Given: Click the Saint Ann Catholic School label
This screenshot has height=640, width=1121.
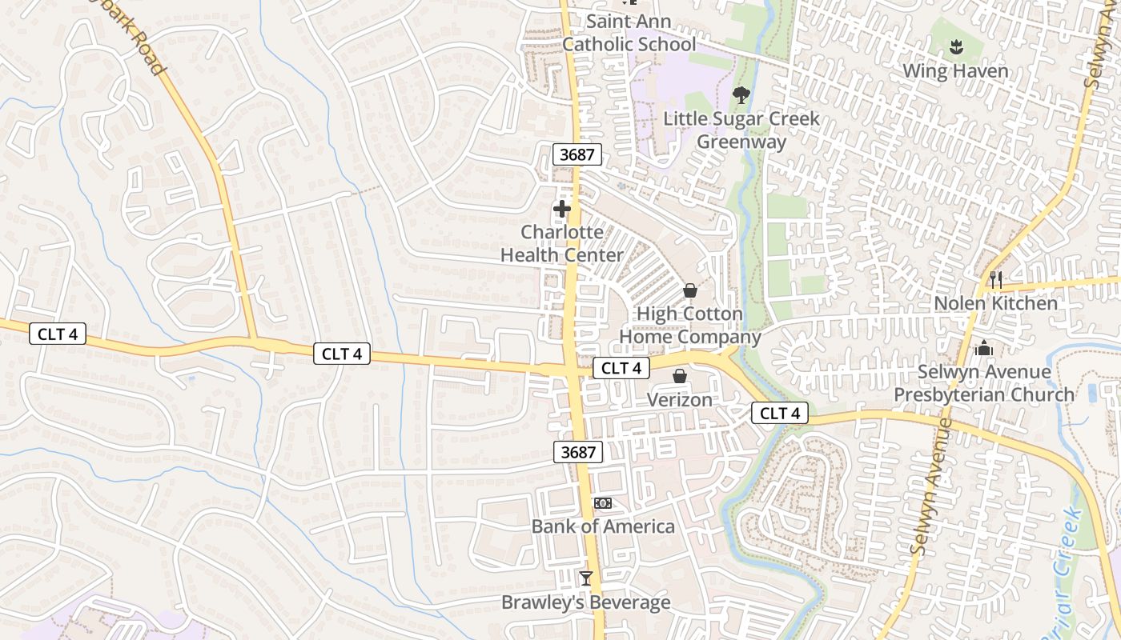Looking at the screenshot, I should coord(629,33).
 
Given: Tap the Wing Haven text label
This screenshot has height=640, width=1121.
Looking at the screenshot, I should coord(955,71).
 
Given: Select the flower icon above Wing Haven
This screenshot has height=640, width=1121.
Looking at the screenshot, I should coord(955,47).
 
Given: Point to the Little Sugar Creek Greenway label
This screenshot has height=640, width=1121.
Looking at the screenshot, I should coord(741,130).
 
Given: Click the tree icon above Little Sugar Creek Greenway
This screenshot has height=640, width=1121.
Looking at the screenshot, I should coord(741,95).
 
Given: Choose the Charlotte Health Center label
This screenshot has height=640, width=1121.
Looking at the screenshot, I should coord(562,243).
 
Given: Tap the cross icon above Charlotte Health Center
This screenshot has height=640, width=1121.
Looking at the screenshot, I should coord(562,210).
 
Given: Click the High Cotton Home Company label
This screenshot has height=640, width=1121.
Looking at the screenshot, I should coord(689,326).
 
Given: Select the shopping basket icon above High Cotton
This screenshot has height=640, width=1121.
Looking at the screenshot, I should coord(689,290).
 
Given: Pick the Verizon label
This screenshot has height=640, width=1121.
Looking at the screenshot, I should coord(679,399).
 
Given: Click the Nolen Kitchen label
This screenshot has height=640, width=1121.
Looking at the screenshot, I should coord(995,303).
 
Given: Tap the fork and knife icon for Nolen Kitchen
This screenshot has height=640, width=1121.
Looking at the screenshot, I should coord(995,279).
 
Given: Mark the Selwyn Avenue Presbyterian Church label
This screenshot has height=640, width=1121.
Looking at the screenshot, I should coord(984,383).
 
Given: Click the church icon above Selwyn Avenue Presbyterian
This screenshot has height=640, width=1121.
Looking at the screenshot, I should coord(984,349).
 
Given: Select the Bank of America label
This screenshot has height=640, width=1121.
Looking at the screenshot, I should coord(603,526).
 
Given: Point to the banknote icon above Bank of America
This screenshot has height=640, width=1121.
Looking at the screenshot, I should coord(603,502).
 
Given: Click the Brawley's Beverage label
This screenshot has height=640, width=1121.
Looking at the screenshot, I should coord(586,602).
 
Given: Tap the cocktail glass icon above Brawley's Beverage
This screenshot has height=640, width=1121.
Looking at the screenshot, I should coord(586,578).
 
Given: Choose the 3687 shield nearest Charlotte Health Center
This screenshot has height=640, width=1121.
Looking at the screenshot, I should coord(577,154).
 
